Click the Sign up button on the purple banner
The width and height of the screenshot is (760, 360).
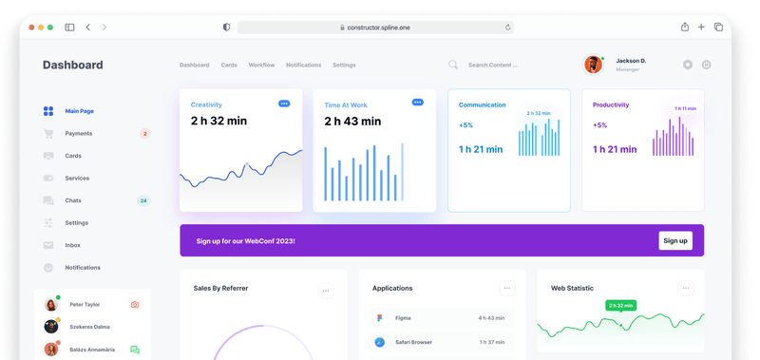pyautogui.click(x=674, y=241)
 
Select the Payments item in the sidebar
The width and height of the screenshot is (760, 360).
pyautogui.click(x=79, y=134)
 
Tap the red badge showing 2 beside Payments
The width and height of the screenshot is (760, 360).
pyautogui.click(x=144, y=134)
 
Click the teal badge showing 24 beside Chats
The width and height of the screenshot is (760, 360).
pyautogui.click(x=143, y=200)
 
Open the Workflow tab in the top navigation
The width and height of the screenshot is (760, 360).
pyautogui.click(x=261, y=66)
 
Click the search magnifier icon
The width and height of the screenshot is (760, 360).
pyautogui.click(x=453, y=65)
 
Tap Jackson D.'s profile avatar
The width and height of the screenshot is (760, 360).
pyautogui.click(x=593, y=65)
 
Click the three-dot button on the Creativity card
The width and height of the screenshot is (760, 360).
pyautogui.click(x=284, y=104)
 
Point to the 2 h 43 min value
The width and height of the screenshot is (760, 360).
pyautogui.click(x=352, y=122)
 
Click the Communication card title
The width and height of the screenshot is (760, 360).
pyautogui.click(x=482, y=104)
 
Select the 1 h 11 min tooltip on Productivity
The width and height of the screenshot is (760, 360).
pyautogui.click(x=685, y=108)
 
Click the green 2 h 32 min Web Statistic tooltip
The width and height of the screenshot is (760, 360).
pyautogui.click(x=620, y=306)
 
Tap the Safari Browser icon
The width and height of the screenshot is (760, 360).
pyautogui.click(x=380, y=342)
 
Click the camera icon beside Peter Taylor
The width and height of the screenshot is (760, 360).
pyautogui.click(x=135, y=305)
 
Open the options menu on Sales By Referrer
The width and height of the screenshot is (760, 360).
pyautogui.click(x=326, y=291)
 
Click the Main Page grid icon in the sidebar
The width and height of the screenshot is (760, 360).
pyautogui.click(x=48, y=111)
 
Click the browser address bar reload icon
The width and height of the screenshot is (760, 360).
pyautogui.click(x=508, y=28)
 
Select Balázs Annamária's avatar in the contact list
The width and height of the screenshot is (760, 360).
pyautogui.click(x=51, y=350)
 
